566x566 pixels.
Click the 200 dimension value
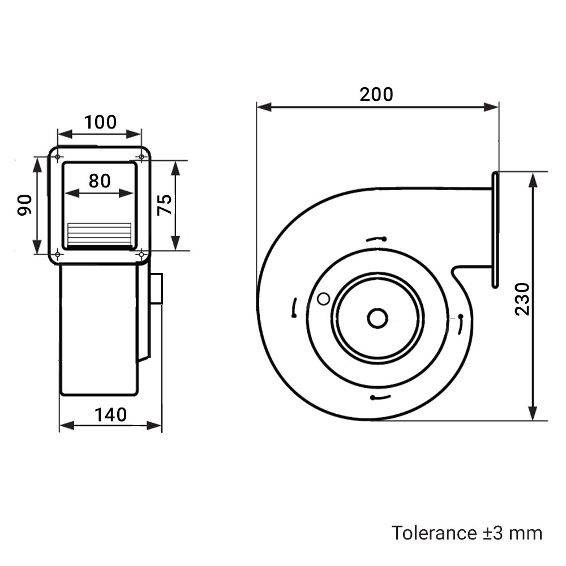point(376,95)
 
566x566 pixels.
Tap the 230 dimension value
point(522,299)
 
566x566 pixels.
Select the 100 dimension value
point(100,122)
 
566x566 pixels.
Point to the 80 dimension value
point(100,181)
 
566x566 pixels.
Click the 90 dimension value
point(24,205)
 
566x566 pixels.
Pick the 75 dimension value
point(165,205)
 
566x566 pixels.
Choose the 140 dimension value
point(111,415)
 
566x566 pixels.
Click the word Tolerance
point(434,533)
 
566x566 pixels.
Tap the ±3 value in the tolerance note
point(493,533)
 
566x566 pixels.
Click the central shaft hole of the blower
point(378,318)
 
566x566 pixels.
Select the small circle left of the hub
point(323,299)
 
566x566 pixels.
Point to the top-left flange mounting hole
point(57,157)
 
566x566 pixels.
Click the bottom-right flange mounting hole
point(141,255)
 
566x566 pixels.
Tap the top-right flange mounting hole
point(141,157)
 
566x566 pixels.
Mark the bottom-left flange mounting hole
point(57,255)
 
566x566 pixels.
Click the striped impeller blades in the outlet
point(99,235)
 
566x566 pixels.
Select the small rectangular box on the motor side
point(156,289)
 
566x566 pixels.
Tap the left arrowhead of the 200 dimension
point(264,107)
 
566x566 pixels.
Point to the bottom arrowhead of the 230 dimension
point(533,413)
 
